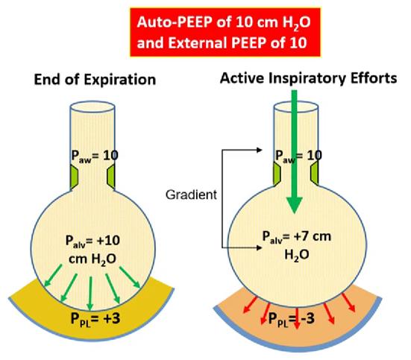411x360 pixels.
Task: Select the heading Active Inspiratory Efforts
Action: coord(313,78)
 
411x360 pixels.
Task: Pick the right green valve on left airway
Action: coord(111,176)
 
